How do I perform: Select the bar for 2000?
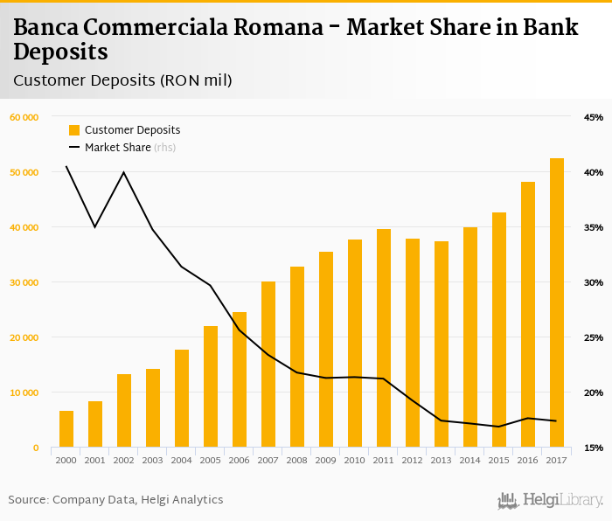66,428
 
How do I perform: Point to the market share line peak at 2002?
123,172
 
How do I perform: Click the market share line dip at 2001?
94,227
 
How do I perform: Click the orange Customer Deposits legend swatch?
73,130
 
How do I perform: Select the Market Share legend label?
117,148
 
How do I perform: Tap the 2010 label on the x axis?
355,459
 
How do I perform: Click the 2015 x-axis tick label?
499,459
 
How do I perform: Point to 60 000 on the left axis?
24,117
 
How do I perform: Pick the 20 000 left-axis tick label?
24,337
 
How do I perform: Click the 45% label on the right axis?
594,117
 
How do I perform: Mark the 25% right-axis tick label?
594,337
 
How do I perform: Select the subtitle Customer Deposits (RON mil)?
122,80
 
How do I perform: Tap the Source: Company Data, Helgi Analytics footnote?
115,500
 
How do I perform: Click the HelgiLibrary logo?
551,501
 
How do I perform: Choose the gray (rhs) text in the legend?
165,148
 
